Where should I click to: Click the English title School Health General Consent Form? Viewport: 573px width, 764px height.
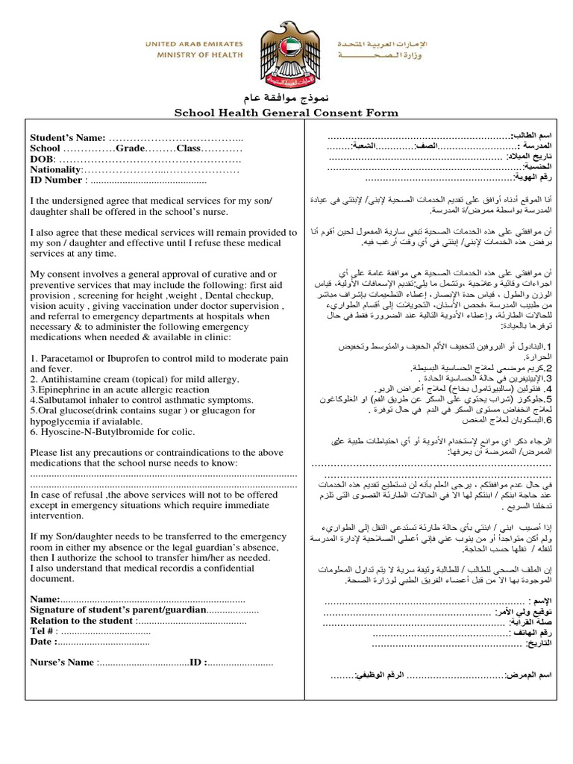click(x=286, y=113)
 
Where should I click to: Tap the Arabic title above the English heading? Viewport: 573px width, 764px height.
click(x=286, y=99)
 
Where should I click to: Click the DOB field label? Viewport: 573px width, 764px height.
click(x=43, y=159)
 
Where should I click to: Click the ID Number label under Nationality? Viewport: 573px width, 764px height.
click(x=56, y=180)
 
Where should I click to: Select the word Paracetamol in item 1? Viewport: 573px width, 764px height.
click(x=68, y=358)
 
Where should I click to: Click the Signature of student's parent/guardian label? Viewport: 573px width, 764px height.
click(x=118, y=610)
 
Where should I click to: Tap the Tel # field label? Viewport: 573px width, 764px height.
click(x=43, y=630)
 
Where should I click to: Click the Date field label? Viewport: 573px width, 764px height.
click(x=41, y=641)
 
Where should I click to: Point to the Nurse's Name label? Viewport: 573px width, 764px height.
click(x=62, y=662)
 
